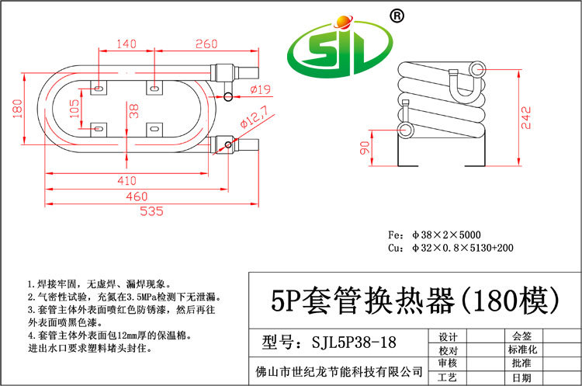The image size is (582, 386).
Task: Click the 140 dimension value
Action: pyautogui.click(x=126, y=45)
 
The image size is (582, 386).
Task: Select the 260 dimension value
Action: pyautogui.click(x=206, y=45)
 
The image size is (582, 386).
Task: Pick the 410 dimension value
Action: pyautogui.click(x=125, y=180)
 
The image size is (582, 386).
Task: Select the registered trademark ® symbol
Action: pyautogui.click(x=396, y=16)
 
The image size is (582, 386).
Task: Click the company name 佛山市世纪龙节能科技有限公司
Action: pyautogui.click(x=339, y=370)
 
